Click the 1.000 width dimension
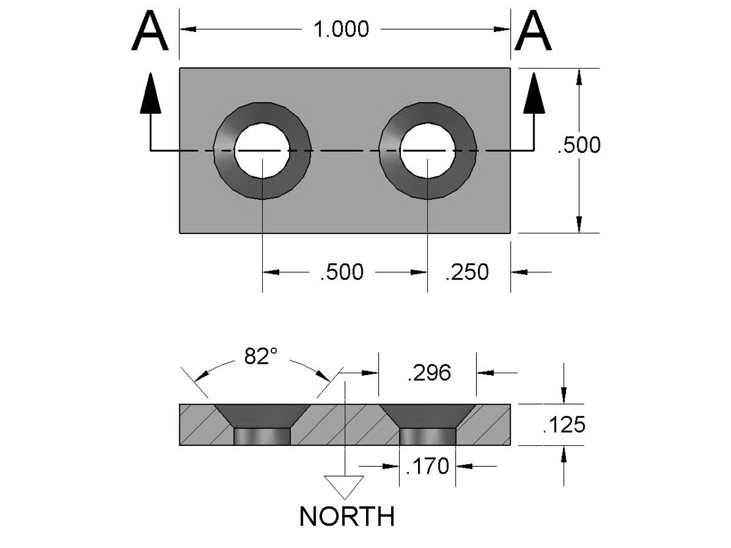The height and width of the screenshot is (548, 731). [342, 29]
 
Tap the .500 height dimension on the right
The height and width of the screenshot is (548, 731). [579, 146]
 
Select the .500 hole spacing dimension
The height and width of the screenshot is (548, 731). [342, 272]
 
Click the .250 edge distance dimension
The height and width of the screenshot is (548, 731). [467, 272]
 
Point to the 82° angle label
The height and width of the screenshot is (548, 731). [260, 357]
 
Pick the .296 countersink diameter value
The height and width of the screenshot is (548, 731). [429, 373]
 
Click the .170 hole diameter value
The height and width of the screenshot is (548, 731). [427, 466]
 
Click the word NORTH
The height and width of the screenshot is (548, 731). [347, 517]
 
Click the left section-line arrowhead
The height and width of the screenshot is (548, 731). [150, 91]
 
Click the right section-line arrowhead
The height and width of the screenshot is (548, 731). [535, 91]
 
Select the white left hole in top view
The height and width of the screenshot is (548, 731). [262, 150]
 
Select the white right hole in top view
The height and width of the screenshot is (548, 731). [428, 150]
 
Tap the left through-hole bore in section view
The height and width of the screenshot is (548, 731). [263, 437]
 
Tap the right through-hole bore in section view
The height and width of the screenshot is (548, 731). [428, 437]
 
